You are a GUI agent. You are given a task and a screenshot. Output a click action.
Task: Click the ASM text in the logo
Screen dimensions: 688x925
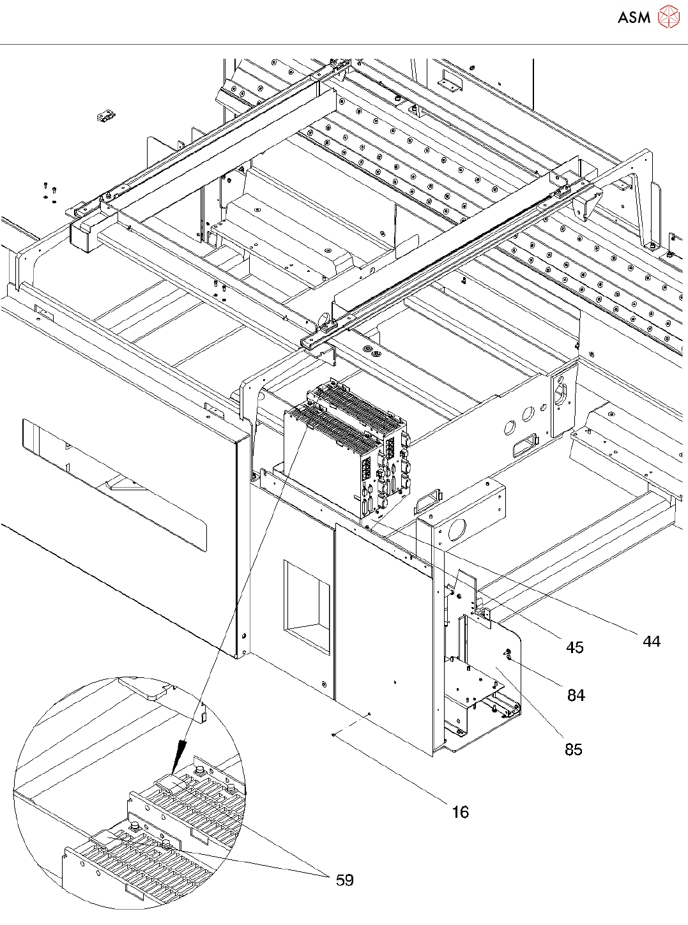point(634,17)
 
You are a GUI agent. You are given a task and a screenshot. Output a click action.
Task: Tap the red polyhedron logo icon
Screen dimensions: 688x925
point(668,17)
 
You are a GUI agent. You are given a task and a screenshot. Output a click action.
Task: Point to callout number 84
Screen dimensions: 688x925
point(576,695)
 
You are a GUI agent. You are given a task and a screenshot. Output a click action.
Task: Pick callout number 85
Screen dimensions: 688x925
point(574,749)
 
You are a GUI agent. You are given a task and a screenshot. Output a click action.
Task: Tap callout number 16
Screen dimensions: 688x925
point(461,812)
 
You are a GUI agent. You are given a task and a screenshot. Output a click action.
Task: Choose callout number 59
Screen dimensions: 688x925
point(345,880)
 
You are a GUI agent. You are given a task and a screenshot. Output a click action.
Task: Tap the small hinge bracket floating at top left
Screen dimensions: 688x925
point(106,116)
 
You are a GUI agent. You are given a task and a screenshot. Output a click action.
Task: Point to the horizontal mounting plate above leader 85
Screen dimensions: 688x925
point(475,689)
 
